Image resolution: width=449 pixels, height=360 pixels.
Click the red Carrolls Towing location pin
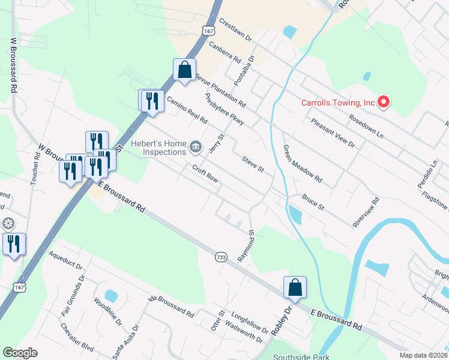click(x=383, y=103)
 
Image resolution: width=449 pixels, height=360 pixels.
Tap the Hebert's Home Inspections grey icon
click(x=196, y=146)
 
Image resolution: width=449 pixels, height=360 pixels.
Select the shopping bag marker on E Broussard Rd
click(x=295, y=287)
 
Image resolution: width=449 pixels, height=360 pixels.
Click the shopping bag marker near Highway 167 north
click(x=184, y=69)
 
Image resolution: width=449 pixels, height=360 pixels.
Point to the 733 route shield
click(x=221, y=257)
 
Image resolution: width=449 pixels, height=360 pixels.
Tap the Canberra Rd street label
click(x=225, y=53)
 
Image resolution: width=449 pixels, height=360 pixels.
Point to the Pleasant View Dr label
click(x=333, y=133)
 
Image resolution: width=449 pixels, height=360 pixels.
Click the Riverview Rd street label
click(x=366, y=212)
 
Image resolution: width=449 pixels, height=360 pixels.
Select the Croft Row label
click(x=205, y=173)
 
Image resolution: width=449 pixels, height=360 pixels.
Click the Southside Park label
click(x=298, y=356)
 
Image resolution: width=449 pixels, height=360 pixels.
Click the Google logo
click(x=20, y=353)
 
